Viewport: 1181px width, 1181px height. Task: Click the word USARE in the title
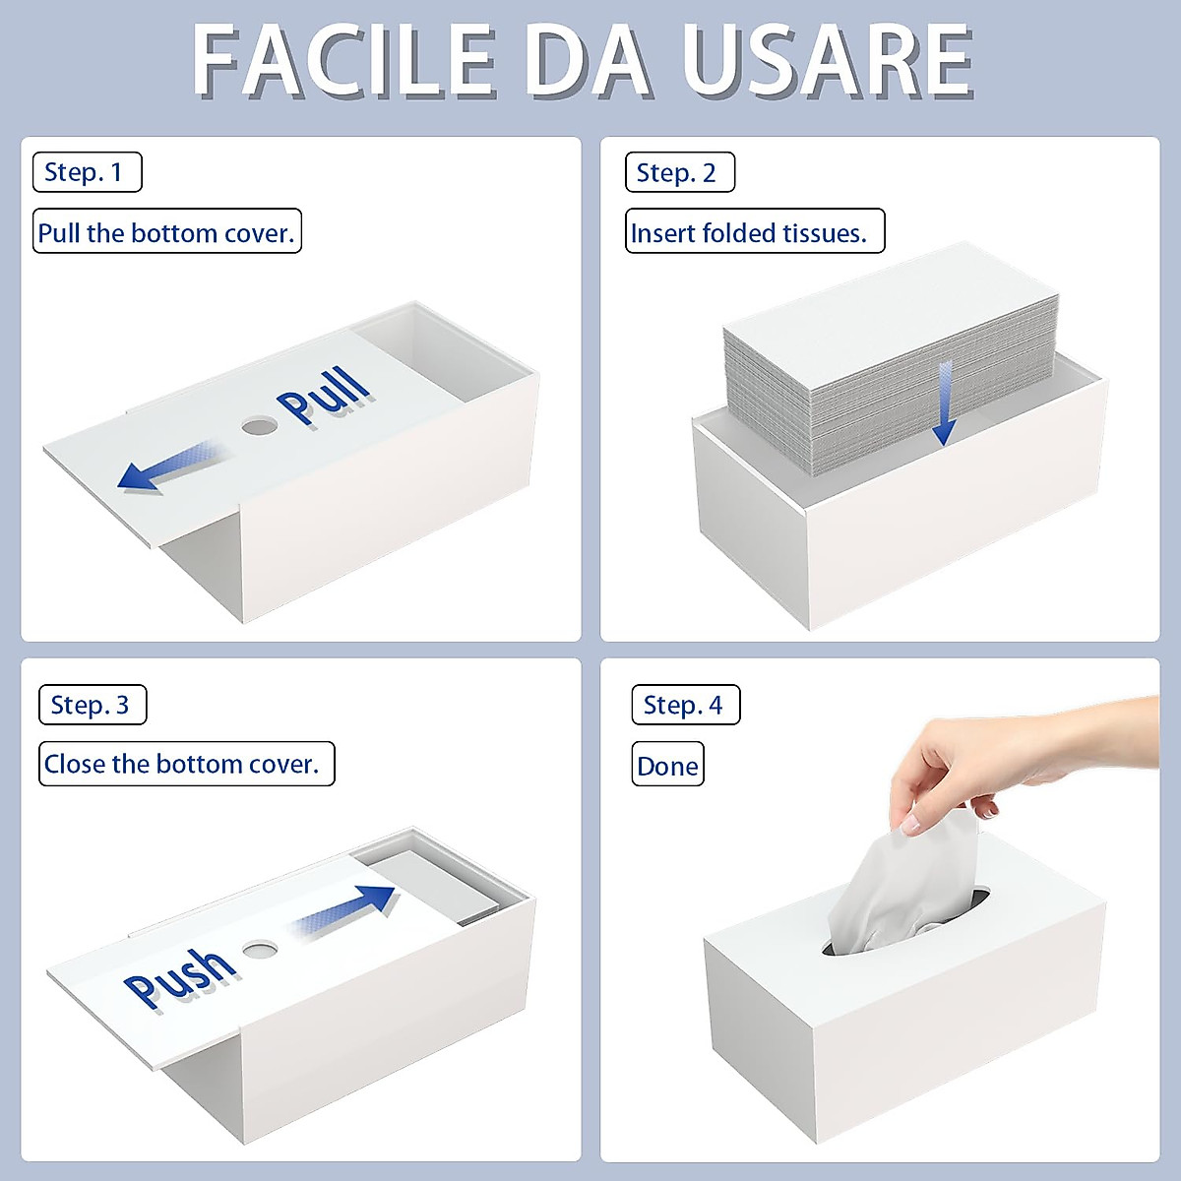[827, 61]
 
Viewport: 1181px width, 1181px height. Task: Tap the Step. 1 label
[87, 172]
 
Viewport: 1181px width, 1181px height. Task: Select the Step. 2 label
[679, 173]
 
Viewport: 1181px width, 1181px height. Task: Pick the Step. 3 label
[92, 705]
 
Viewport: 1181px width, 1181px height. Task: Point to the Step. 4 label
[685, 705]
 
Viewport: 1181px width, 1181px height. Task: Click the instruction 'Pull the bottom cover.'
[166, 232]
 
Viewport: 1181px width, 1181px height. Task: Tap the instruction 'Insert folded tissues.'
[754, 232]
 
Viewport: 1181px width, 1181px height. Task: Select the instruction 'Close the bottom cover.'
[186, 764]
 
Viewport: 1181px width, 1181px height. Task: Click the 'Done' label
[667, 766]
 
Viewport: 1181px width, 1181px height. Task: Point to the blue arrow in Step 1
[167, 467]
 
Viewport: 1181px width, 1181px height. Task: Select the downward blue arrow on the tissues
[945, 404]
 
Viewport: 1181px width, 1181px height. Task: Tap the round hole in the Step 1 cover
[260, 426]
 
